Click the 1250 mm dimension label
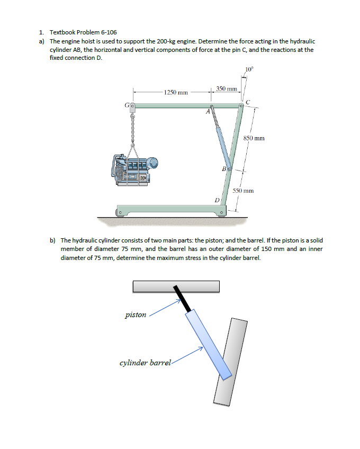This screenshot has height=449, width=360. pyautogui.click(x=176, y=93)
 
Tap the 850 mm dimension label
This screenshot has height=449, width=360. pyautogui.click(x=254, y=138)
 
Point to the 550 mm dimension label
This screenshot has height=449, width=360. pyautogui.click(x=244, y=190)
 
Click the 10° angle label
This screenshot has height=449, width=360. pyautogui.click(x=249, y=69)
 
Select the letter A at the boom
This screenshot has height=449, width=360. pyautogui.click(x=209, y=112)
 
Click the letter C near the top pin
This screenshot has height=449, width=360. pyautogui.click(x=247, y=102)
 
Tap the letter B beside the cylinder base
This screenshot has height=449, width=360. pyautogui.click(x=224, y=169)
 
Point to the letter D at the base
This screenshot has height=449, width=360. pyautogui.click(x=217, y=200)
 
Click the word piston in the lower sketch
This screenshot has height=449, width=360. pyautogui.click(x=136, y=315)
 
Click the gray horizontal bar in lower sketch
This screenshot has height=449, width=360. pyautogui.click(x=176, y=286)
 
